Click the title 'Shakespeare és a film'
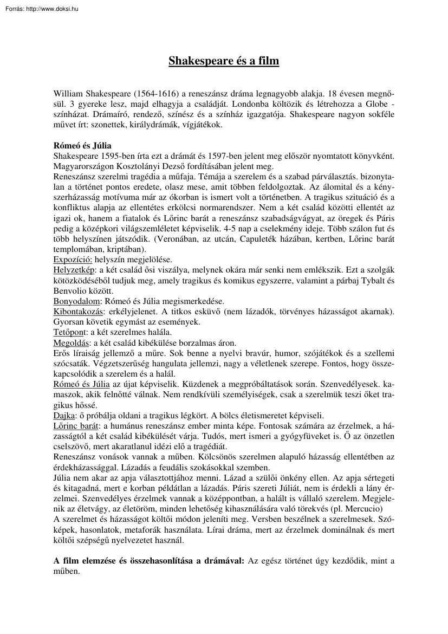224,61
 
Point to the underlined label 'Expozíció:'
73,259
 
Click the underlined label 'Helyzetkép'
74,269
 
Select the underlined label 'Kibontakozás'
79,311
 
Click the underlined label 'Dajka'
64,416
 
